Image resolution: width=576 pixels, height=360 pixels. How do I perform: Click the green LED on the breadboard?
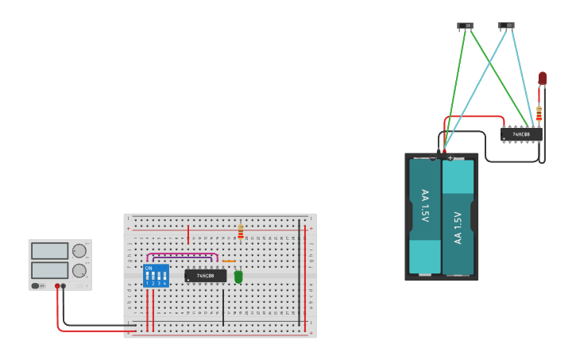(238, 277)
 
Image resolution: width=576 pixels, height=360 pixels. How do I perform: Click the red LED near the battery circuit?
(543, 78)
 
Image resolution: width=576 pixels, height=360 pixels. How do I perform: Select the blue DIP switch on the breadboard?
(156, 276)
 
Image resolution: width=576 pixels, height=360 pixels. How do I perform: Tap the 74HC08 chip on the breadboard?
(206, 276)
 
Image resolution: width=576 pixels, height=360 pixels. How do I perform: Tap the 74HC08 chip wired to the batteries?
(521, 134)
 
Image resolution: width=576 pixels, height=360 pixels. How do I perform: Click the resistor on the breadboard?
(241, 232)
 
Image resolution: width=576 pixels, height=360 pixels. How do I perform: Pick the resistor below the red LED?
(539, 114)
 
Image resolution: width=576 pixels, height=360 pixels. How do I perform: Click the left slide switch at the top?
(465, 25)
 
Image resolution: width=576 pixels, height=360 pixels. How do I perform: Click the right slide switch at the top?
(506, 25)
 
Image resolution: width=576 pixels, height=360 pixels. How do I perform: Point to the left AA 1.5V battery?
(425, 216)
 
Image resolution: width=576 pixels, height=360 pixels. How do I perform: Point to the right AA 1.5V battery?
(458, 216)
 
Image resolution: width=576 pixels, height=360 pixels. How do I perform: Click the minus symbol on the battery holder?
(433, 157)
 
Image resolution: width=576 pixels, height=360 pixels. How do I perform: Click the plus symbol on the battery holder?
(450, 157)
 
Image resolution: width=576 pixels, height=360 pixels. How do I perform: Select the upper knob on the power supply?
(79, 251)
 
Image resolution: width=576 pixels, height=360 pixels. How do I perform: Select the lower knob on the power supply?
(79, 270)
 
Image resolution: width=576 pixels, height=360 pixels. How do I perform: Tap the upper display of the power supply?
(50, 251)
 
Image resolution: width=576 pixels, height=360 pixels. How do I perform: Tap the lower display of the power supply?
(50, 270)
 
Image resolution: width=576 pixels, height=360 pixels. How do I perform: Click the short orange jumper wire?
(229, 261)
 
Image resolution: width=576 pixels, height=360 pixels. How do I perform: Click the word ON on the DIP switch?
(149, 269)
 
